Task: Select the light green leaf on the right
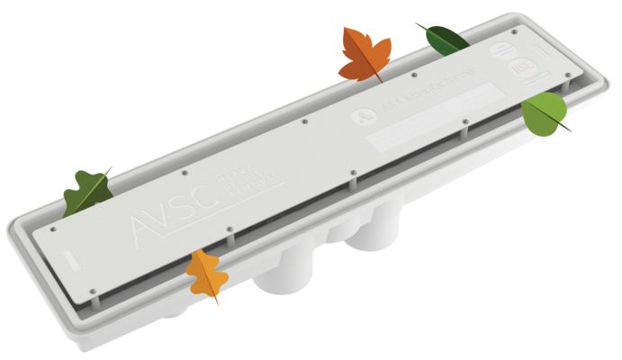[x=543, y=113]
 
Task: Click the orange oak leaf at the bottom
[x=205, y=274]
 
